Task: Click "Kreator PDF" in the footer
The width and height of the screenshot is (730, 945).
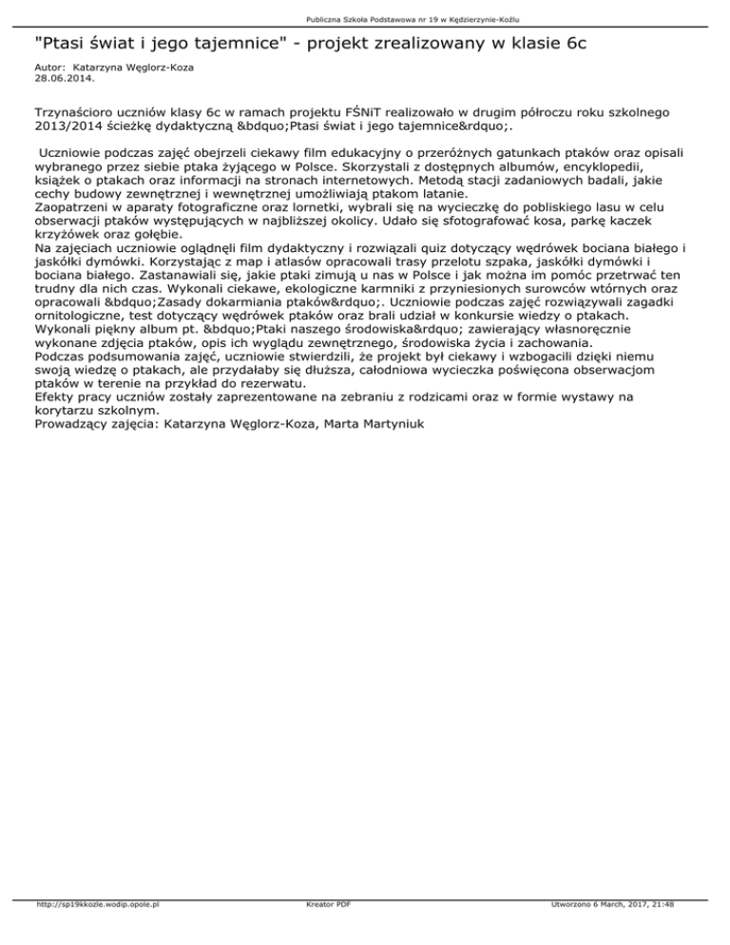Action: tap(324, 931)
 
